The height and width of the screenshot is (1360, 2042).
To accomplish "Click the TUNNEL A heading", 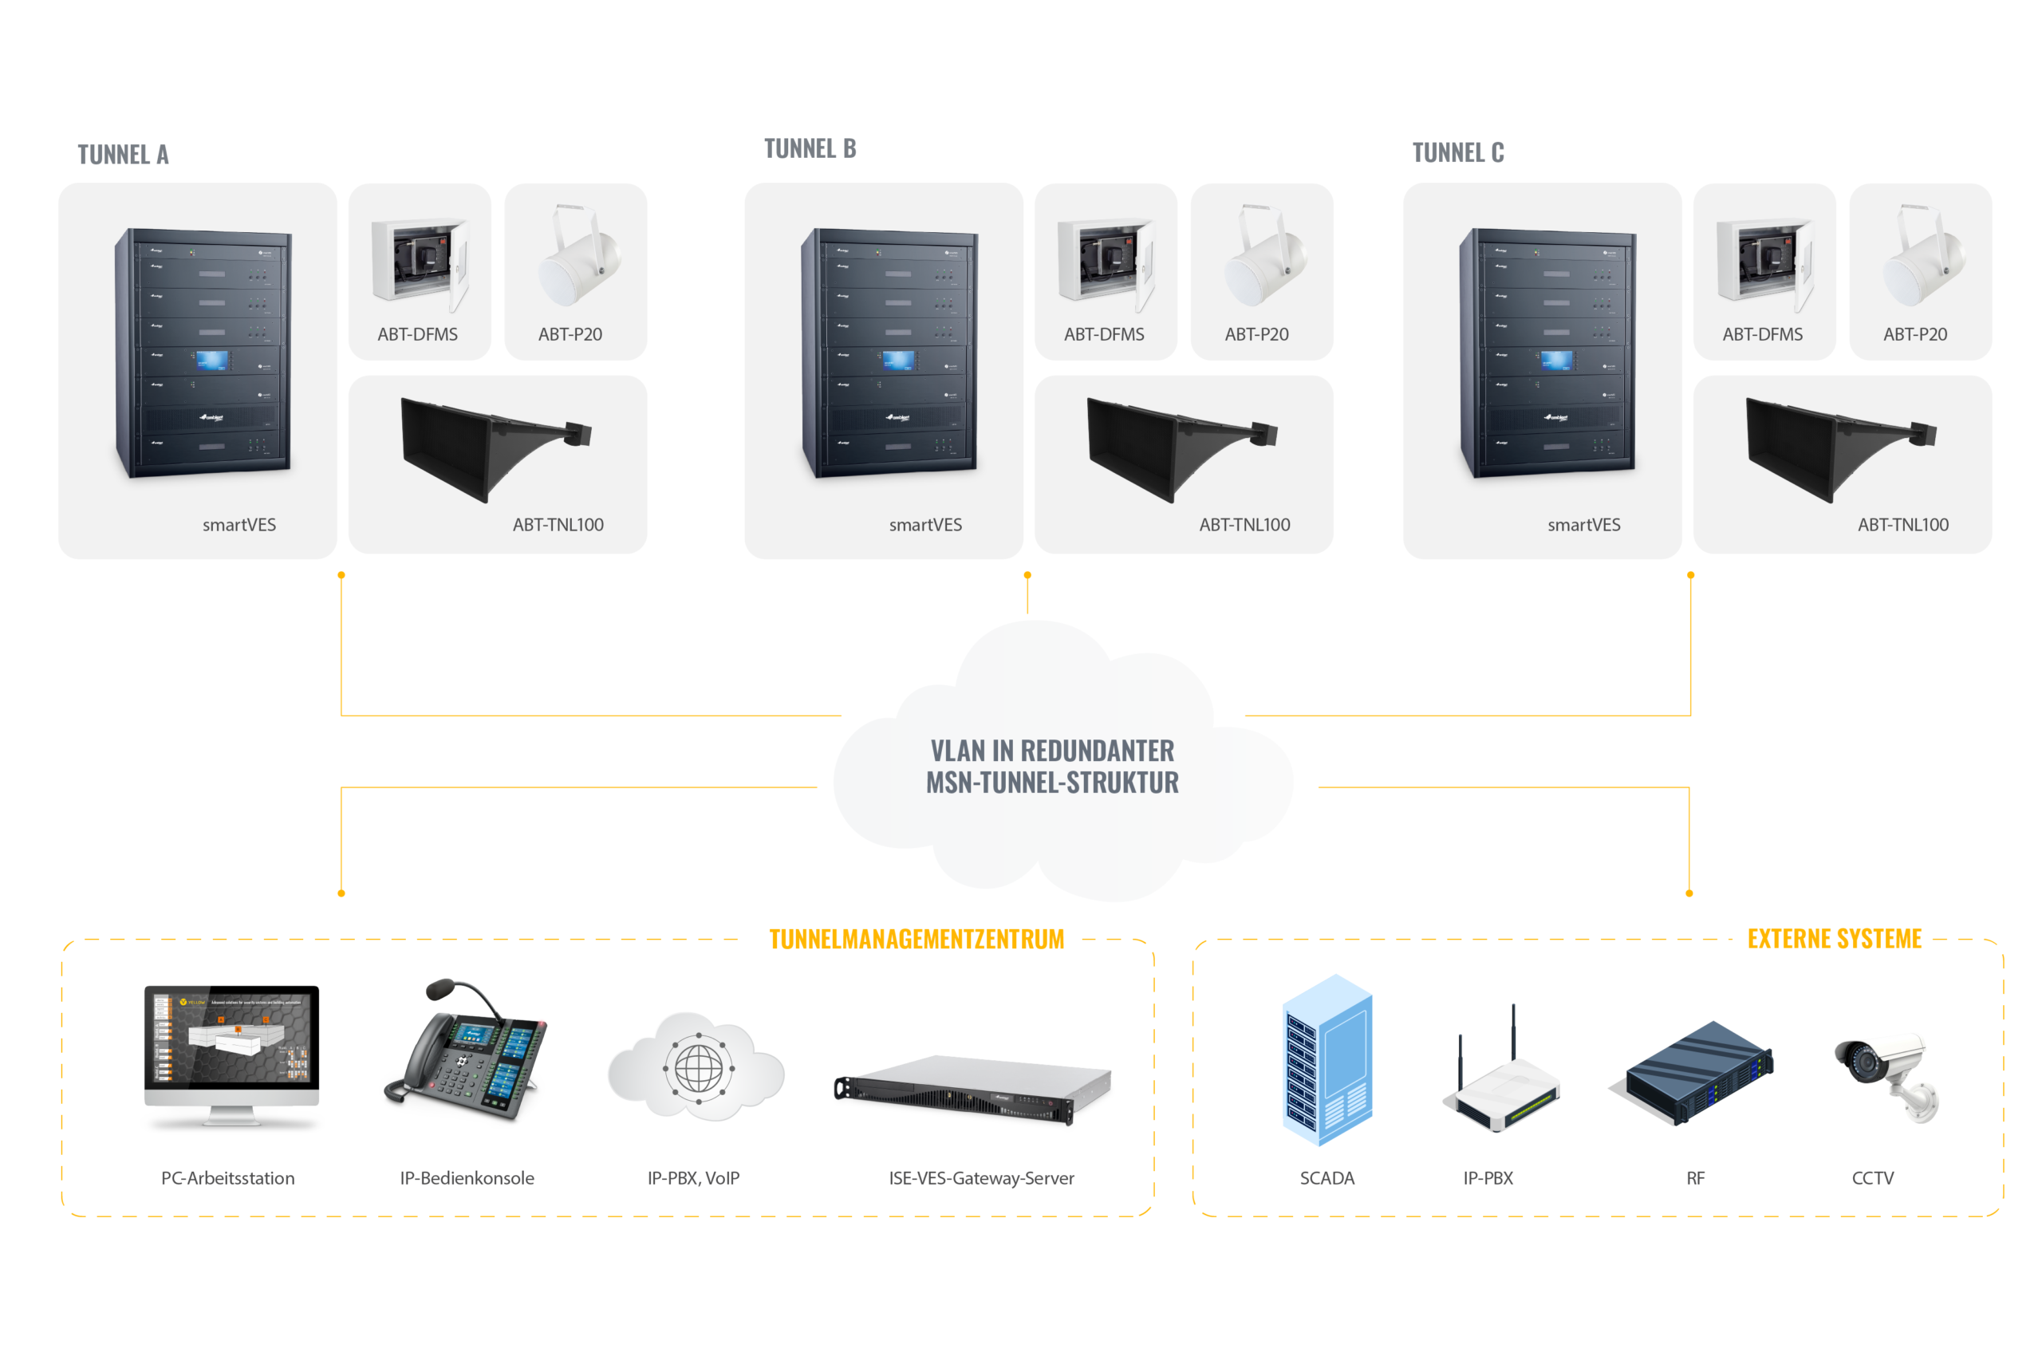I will coord(122,155).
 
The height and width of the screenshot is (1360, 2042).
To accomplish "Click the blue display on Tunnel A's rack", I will coord(211,360).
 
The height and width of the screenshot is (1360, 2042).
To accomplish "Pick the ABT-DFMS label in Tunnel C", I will coord(1761,334).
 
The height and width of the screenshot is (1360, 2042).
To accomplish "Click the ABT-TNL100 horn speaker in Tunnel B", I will coord(1179,447).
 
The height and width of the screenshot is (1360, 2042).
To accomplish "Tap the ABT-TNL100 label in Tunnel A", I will coord(558,525).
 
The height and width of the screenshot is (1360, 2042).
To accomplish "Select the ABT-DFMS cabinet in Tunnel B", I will coord(1105,260).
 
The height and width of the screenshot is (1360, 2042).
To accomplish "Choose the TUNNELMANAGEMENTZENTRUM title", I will coord(916,940).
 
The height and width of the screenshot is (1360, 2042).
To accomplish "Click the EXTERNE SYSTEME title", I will coord(1833,939).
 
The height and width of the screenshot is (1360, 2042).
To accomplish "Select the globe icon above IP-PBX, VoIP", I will coord(697,1068).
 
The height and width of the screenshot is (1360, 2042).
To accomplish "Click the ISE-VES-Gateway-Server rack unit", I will coord(971,1090).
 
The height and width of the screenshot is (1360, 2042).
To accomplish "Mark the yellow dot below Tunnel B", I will coord(1027,575).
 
